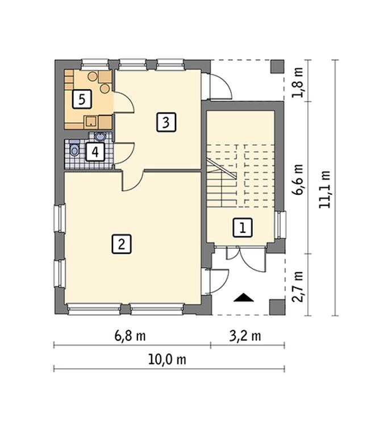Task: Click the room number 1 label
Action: [x=243, y=228]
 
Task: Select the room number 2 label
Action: [x=122, y=244]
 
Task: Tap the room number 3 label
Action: [x=166, y=122]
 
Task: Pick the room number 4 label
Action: [x=95, y=152]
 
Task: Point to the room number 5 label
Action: [x=82, y=99]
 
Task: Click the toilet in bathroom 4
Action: [x=74, y=149]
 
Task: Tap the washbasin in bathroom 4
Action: [x=100, y=137]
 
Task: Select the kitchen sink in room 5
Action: [x=91, y=122]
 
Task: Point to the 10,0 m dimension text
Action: [x=167, y=360]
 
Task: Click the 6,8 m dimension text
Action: [x=130, y=336]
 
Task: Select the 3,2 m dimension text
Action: [x=245, y=336]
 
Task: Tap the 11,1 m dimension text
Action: [x=324, y=189]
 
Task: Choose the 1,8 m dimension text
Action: [x=298, y=82]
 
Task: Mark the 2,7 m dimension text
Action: [x=298, y=287]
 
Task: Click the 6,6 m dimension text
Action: [x=298, y=180]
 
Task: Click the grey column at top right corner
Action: [x=277, y=67]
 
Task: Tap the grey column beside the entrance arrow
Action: [x=277, y=307]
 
